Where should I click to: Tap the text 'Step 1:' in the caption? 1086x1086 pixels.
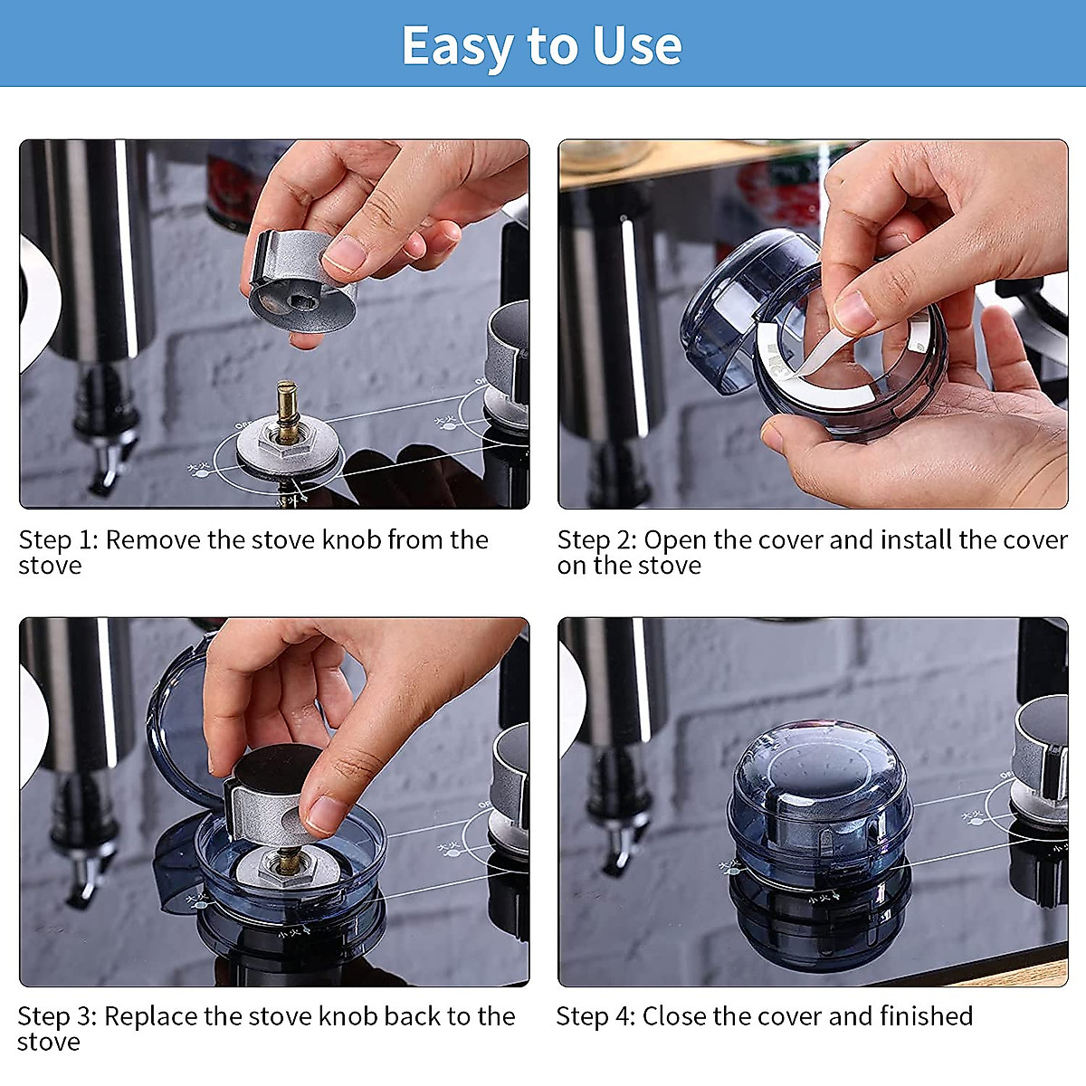59,539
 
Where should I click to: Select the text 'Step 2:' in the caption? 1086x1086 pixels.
597,539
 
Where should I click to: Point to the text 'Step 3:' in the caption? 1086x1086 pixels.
58,1016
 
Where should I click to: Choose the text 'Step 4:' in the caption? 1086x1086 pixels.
595,1016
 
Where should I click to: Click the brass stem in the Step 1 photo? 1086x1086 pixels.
288,407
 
